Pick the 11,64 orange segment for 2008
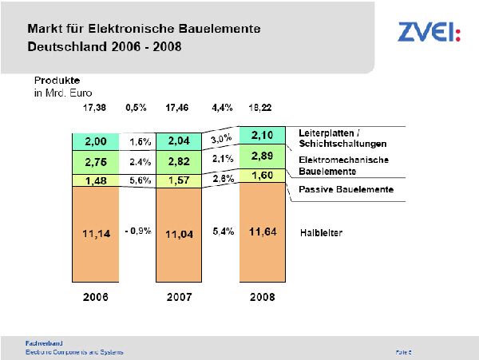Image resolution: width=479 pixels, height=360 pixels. [263, 231]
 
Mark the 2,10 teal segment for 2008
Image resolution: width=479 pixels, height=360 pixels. [263, 134]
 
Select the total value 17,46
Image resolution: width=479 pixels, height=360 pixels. [180, 107]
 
